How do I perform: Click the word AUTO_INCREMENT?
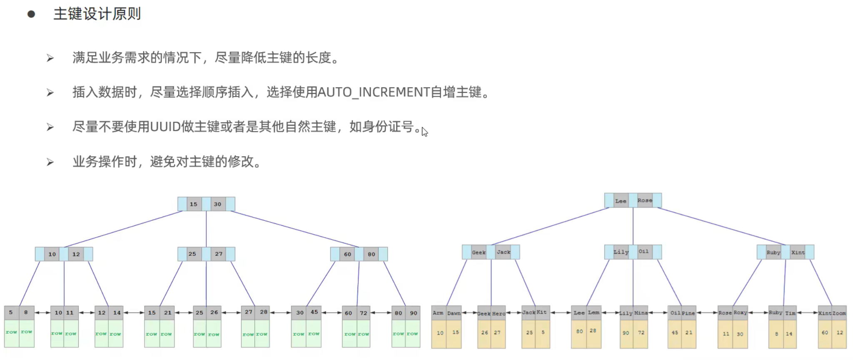point(373,92)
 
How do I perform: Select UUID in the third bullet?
point(165,127)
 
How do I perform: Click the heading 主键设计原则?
point(97,14)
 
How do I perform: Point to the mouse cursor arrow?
point(424,131)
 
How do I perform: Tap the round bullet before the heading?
point(31,15)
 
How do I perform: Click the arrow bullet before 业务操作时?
point(50,162)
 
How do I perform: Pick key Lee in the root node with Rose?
point(621,201)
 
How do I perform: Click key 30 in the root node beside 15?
point(217,204)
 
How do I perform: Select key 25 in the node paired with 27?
point(192,254)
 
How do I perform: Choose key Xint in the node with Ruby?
point(798,252)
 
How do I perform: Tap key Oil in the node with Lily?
point(643,252)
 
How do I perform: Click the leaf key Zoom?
point(839,313)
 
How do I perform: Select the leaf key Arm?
point(438,313)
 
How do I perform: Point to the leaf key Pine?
point(688,313)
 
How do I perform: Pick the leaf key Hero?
point(499,313)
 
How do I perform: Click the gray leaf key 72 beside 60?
point(364,313)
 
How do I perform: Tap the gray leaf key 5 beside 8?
point(11,312)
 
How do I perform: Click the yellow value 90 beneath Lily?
point(626,333)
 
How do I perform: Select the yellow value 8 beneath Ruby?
point(776,334)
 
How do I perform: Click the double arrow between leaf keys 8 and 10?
point(42,312)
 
